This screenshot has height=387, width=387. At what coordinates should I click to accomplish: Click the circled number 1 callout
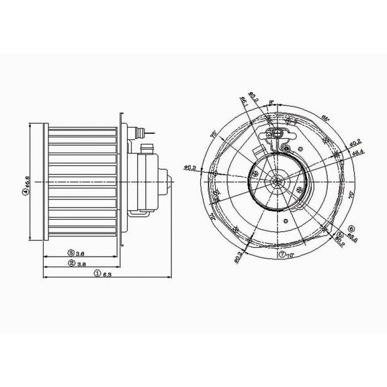[97, 273]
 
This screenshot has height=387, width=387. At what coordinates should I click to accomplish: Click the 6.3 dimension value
[107, 273]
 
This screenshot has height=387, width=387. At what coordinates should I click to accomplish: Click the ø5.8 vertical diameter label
[25, 179]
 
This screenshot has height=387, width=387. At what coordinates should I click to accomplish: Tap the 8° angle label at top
[271, 103]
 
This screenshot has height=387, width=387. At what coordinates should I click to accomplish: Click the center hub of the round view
[276, 180]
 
